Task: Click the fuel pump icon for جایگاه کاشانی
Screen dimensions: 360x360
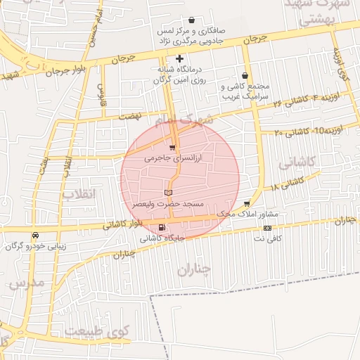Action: pos(163,227)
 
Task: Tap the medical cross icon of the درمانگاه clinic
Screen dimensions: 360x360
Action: pos(180,58)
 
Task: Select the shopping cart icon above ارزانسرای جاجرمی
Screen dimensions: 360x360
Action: pos(172,148)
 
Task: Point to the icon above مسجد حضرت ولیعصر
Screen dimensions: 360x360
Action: pos(168,192)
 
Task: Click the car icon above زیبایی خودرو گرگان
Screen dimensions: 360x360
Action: pos(35,236)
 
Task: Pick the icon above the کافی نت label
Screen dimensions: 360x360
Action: pos(267,228)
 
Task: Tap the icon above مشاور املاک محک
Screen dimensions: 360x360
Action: pos(245,203)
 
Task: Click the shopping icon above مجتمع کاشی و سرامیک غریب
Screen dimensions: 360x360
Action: pos(245,75)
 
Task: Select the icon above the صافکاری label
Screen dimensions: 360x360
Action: pos(192,20)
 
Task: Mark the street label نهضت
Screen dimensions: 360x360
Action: pos(130,115)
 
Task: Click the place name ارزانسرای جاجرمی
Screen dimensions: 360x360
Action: pos(173,159)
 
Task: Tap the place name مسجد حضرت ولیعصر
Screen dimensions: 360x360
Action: pos(168,203)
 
